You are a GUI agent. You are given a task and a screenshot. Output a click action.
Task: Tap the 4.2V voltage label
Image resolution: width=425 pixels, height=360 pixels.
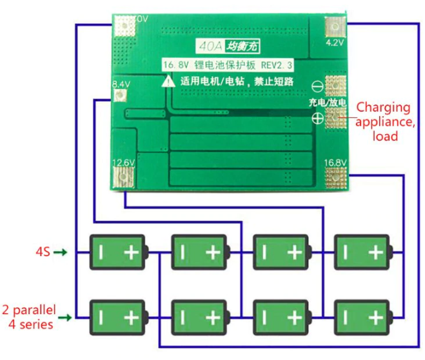pyautogui.click(x=334, y=43)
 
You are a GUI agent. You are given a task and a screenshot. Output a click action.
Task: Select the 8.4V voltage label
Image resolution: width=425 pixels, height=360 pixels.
pyautogui.click(x=121, y=84)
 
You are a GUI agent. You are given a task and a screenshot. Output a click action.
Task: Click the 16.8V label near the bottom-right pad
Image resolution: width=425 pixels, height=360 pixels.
pyautogui.click(x=335, y=163)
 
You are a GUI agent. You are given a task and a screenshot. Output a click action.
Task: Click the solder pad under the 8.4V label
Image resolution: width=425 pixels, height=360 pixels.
pyautogui.click(x=119, y=97)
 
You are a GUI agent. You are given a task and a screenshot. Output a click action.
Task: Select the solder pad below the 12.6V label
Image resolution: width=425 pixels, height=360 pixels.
pyautogui.click(x=123, y=177)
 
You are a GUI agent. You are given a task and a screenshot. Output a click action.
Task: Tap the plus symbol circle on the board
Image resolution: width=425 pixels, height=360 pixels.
pyautogui.click(x=317, y=117)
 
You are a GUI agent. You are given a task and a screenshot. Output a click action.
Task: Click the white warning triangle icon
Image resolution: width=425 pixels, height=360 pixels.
pyautogui.click(x=168, y=81)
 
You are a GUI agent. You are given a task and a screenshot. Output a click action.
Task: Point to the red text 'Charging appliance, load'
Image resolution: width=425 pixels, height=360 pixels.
pyautogui.click(x=384, y=121)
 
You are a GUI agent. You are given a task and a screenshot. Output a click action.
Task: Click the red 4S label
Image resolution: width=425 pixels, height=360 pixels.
pyautogui.click(x=43, y=251)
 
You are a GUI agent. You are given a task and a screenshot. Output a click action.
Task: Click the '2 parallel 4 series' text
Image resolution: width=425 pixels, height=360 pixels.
pyautogui.click(x=29, y=316)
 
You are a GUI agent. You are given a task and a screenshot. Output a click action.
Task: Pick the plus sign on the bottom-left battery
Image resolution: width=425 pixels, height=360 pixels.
pyautogui.click(x=131, y=317)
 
